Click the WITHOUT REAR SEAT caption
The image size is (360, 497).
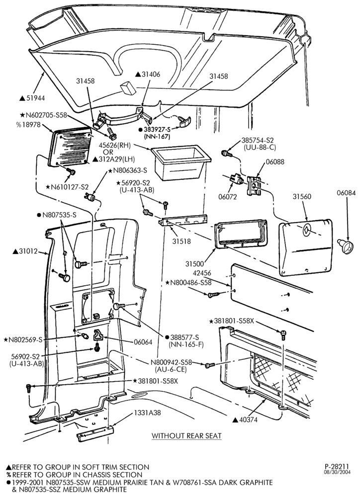pyautogui.click(x=186, y=435)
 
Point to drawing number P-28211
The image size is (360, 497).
pyautogui.click(x=337, y=466)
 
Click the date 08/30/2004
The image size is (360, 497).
pyautogui.click(x=337, y=472)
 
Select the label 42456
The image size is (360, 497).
pyautogui.click(x=201, y=273)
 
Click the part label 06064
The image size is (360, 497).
pyautogui.click(x=143, y=342)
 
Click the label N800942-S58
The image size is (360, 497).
pyautogui.click(x=171, y=363)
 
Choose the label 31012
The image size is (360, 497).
pyautogui.click(x=25, y=251)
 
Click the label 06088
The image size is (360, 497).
pyautogui.click(x=275, y=162)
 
